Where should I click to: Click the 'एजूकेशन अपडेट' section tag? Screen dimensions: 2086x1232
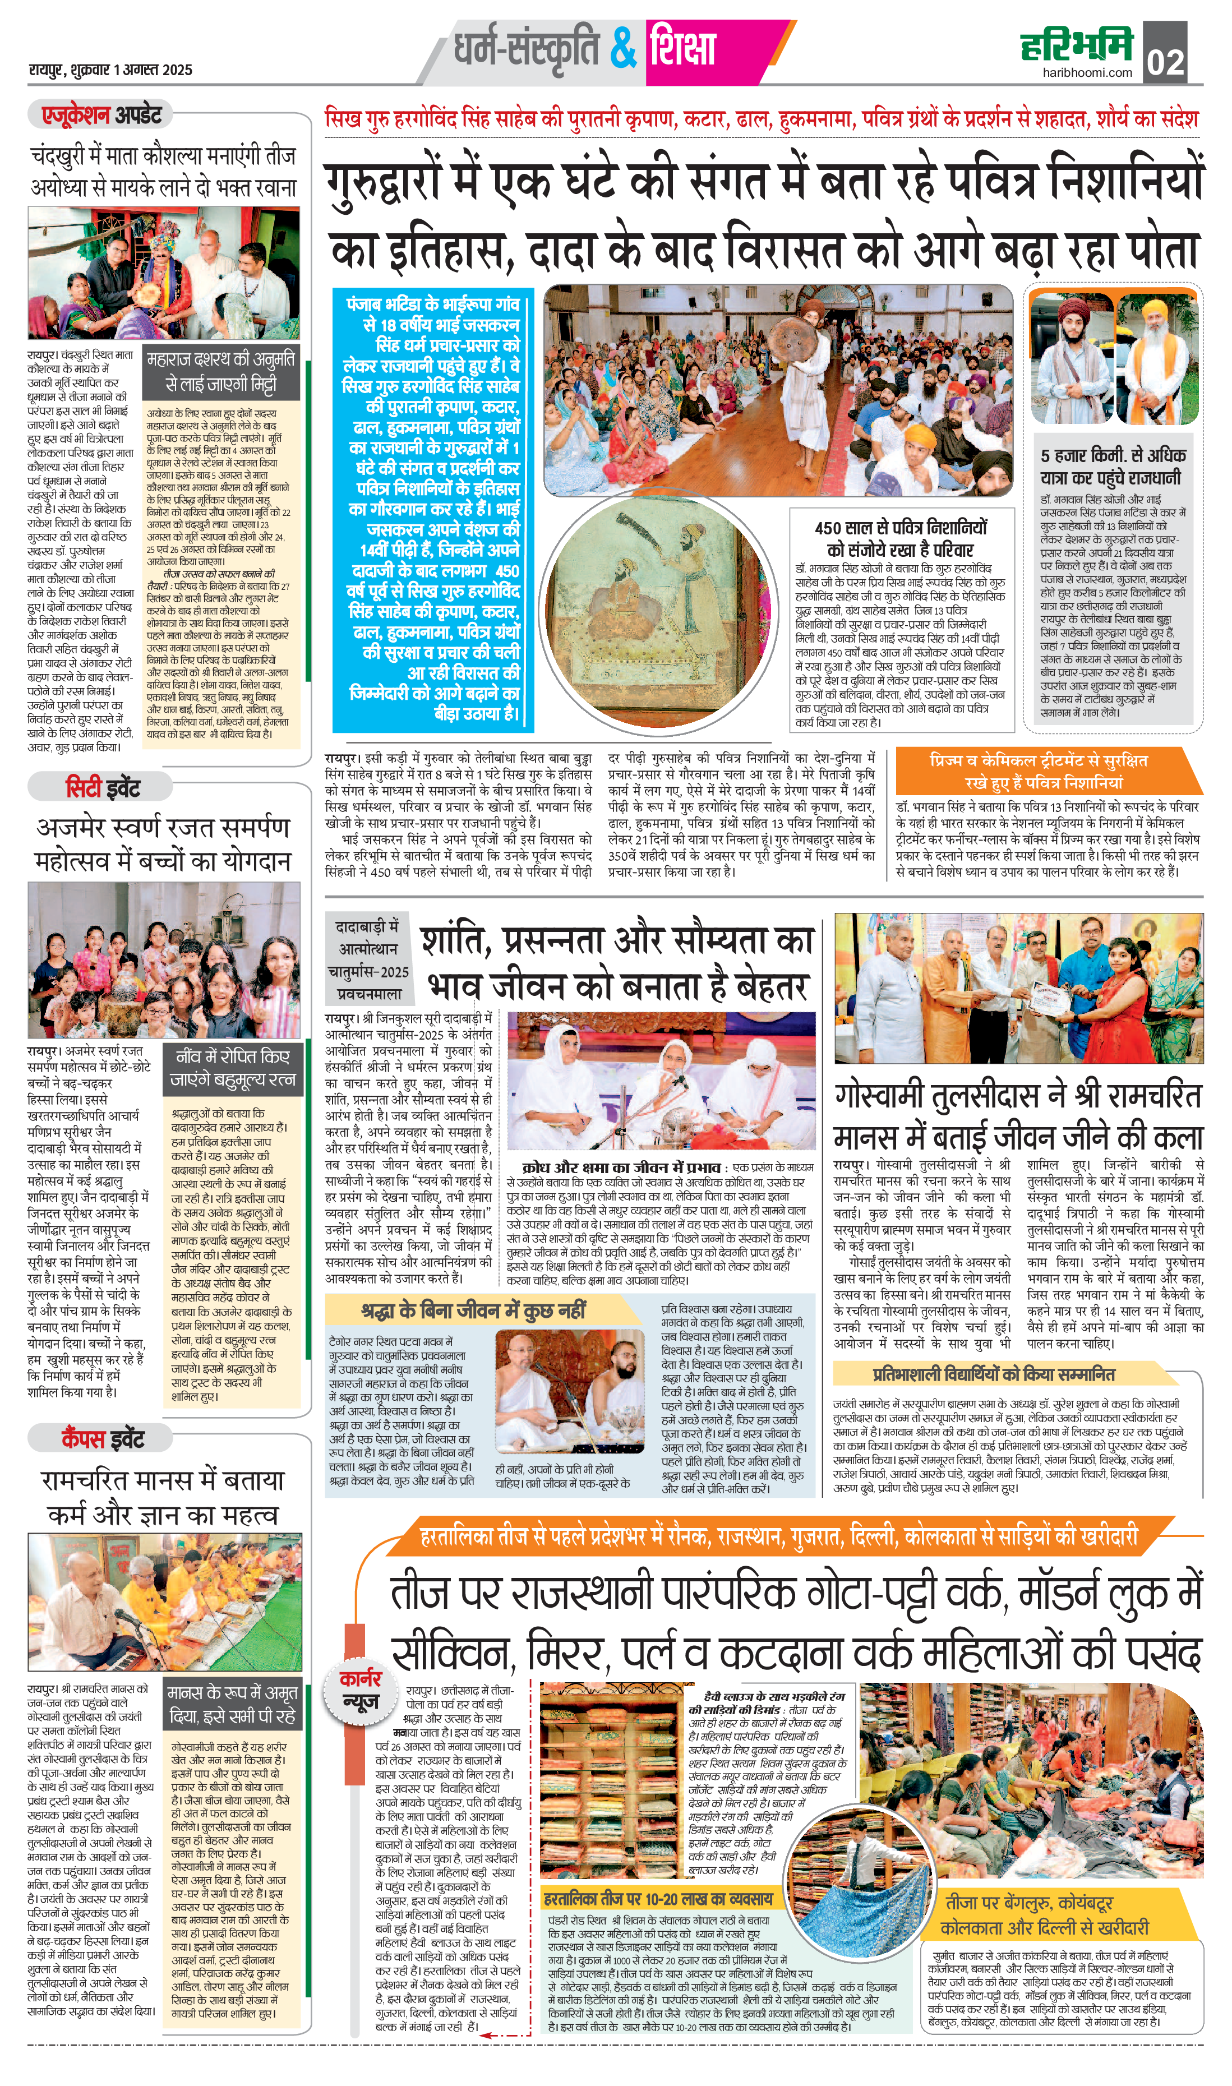[x=101, y=114]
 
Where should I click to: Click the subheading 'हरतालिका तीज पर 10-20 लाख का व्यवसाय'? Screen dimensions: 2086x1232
[x=658, y=1898]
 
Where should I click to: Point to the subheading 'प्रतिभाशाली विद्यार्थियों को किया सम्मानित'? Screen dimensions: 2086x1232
[x=993, y=1374]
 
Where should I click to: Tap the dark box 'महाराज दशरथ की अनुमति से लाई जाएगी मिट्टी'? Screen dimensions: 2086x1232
[x=220, y=371]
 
